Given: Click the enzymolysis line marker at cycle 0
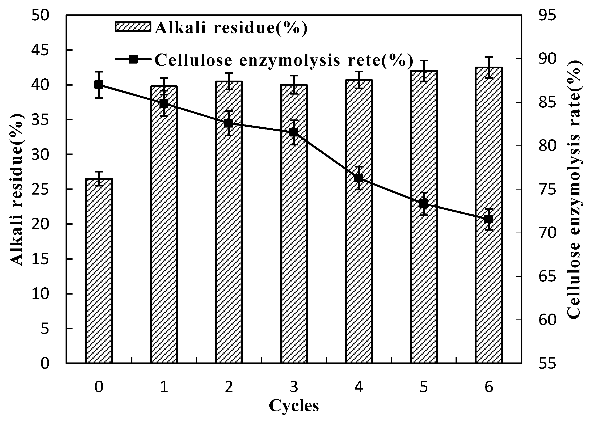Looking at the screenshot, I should [99, 85].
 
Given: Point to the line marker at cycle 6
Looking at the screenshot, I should [489, 219].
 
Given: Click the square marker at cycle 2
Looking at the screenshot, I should [229, 123].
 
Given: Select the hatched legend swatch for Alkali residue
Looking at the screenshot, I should [133, 27].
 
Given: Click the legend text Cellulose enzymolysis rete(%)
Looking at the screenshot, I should [283, 60].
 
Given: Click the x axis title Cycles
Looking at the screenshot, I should [294, 406].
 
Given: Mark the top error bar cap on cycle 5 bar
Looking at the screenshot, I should [424, 60].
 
